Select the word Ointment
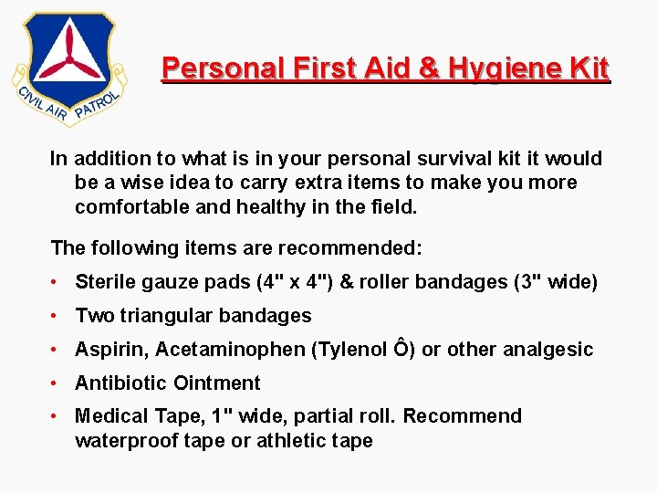(x=219, y=383)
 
